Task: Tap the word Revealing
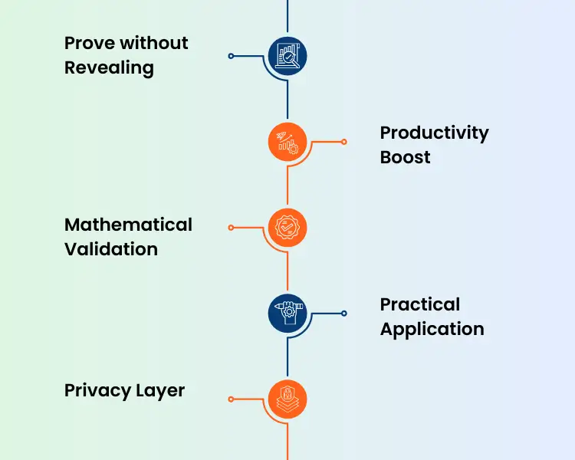(x=109, y=67)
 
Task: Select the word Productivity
(x=434, y=133)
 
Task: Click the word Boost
(x=406, y=157)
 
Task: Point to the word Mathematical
(x=128, y=225)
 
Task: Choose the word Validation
(x=111, y=249)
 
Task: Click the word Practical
(x=420, y=304)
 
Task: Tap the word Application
(x=432, y=329)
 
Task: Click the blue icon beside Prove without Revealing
(x=287, y=56)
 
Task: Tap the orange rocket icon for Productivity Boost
(x=287, y=142)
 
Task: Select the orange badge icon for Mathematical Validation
(x=287, y=228)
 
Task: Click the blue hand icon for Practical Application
(x=287, y=313)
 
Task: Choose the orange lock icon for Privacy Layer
(x=287, y=399)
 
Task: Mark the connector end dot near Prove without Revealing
(x=231, y=56)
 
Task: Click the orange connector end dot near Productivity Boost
(x=343, y=142)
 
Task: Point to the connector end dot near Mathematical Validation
(x=231, y=228)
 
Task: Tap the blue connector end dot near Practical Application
(x=343, y=313)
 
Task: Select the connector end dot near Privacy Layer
(x=231, y=399)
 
